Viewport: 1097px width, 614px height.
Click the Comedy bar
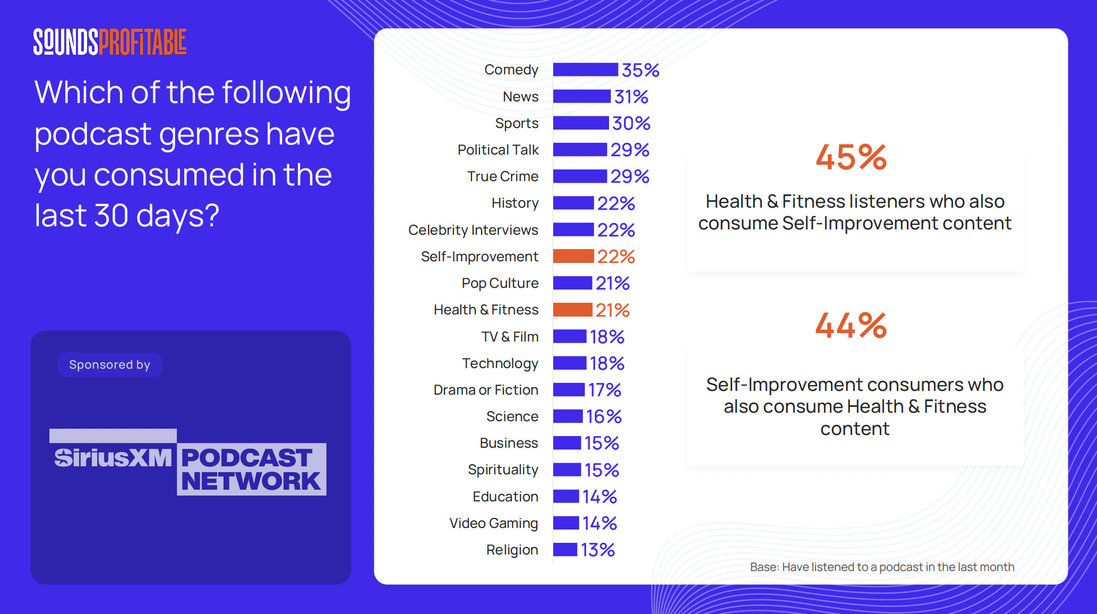(585, 70)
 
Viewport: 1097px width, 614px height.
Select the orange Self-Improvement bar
(573, 257)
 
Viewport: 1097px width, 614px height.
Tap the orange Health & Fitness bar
(572, 310)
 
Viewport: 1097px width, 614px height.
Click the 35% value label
(640, 70)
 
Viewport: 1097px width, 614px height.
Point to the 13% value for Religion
(597, 550)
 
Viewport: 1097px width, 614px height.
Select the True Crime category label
(502, 176)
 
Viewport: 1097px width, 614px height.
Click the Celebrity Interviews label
(473, 230)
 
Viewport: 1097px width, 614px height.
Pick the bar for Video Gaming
(565, 523)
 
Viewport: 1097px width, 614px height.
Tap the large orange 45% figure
(851, 158)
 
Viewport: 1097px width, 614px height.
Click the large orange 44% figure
(851, 326)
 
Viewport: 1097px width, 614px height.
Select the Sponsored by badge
(109, 365)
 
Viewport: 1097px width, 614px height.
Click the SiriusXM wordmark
(113, 458)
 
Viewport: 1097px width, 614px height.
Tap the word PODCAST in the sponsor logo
(246, 458)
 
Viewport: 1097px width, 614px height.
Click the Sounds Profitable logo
(110, 42)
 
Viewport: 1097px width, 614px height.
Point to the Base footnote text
(881, 567)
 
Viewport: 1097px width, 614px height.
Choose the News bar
(581, 97)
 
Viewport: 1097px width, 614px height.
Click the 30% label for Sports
(631, 124)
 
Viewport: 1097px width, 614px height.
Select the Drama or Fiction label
(485, 390)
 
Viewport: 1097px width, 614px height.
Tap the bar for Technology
(569, 363)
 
